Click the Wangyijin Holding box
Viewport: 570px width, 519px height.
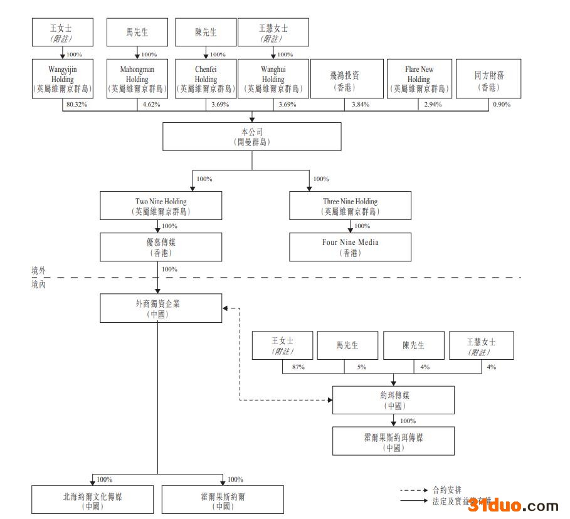point(61,78)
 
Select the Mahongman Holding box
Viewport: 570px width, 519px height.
point(137,78)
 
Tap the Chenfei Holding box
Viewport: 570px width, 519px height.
point(205,78)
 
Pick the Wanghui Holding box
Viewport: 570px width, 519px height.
point(273,78)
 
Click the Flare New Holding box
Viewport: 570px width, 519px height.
point(418,78)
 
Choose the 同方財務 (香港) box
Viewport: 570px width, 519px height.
point(488,78)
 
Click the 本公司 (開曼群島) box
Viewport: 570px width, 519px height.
point(252,137)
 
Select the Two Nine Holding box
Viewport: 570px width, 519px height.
point(161,206)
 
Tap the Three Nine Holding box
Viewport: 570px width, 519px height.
point(350,206)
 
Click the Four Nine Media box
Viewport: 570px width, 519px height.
point(350,247)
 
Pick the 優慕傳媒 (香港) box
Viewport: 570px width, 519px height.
point(161,247)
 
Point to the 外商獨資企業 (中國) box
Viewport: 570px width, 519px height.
point(161,308)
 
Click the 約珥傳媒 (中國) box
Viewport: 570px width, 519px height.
point(393,400)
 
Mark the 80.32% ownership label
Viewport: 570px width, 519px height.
point(76,105)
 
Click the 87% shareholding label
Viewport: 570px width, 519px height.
point(298,367)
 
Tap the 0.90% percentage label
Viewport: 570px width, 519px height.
point(501,105)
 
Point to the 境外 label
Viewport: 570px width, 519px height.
point(39,270)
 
